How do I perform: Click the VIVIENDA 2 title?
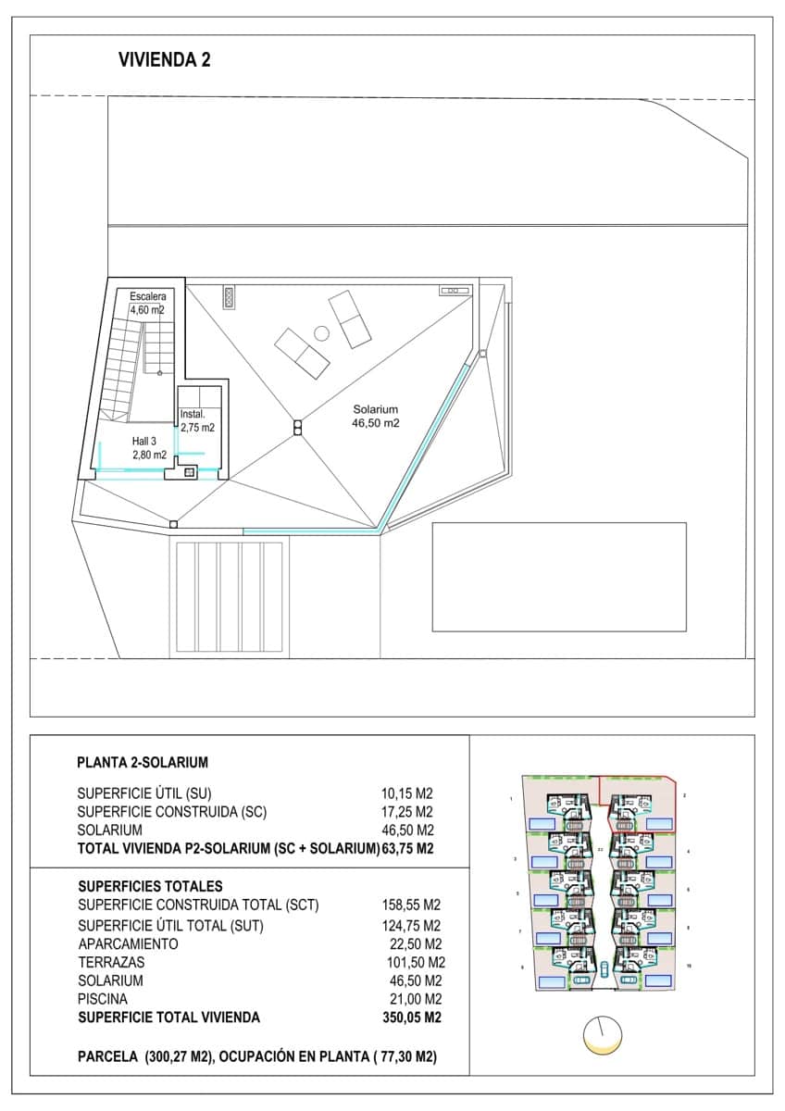[164, 60]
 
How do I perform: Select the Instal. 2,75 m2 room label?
[197, 421]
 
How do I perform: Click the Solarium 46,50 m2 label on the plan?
[375, 417]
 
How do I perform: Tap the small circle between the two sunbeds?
[321, 333]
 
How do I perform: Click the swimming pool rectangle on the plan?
[559, 577]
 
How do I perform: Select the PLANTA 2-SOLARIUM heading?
[143, 763]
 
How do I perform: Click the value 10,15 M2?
[407, 793]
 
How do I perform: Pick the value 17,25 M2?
[407, 812]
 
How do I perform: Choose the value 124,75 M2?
[411, 925]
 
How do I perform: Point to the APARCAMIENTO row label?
[128, 943]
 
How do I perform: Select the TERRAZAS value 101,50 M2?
[411, 962]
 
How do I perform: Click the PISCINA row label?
[103, 999]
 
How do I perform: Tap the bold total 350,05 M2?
[411, 1017]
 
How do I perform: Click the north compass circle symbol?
[602, 1033]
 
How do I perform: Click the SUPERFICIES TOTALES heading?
[150, 886]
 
